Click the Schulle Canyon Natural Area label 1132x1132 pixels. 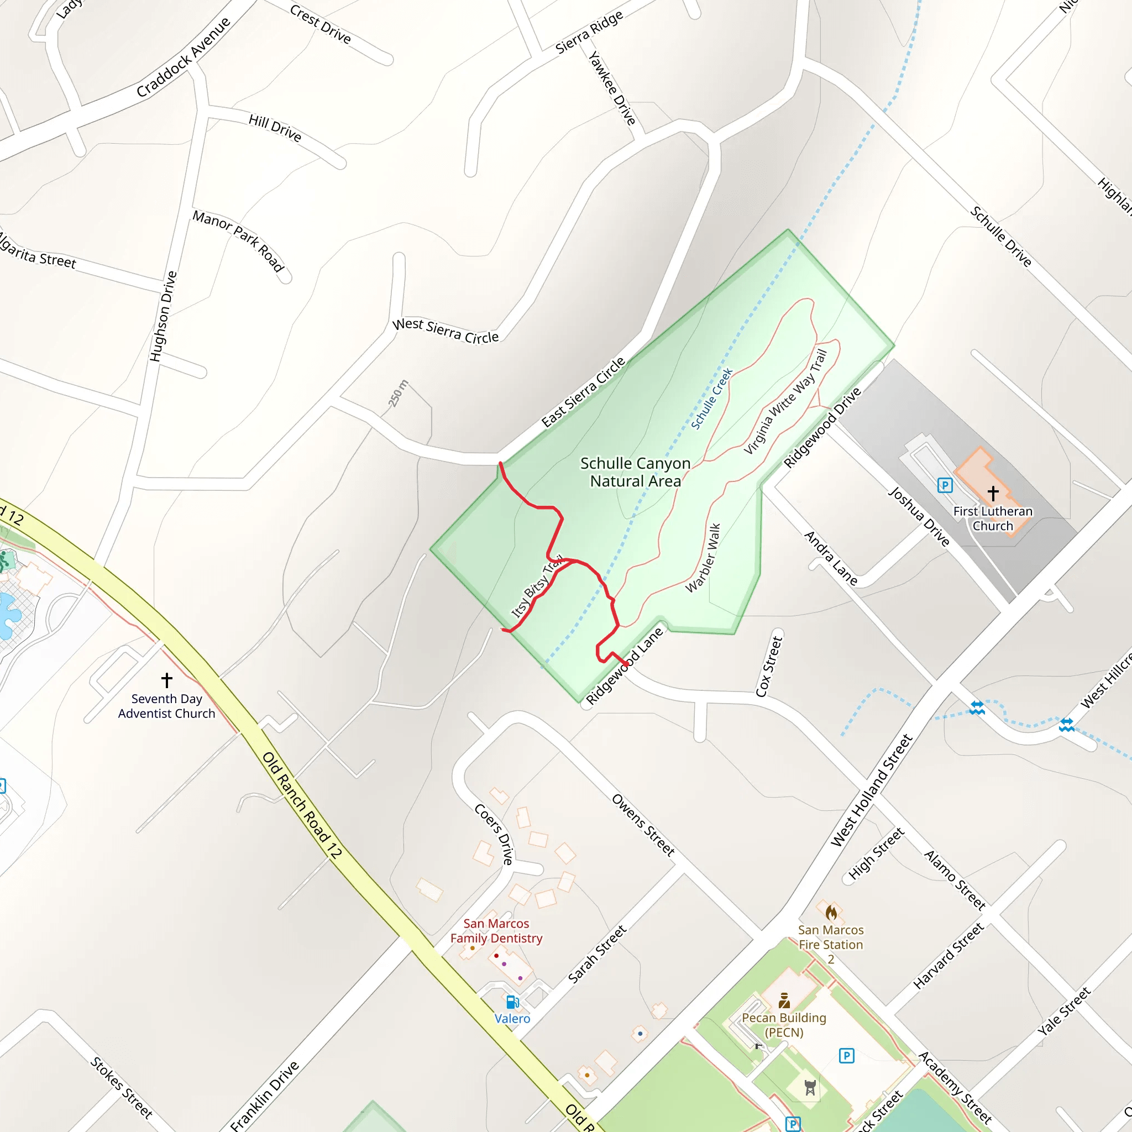pyautogui.click(x=635, y=472)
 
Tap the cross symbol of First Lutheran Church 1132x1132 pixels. pyautogui.click(x=993, y=494)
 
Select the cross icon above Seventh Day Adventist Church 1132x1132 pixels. pyautogui.click(x=167, y=680)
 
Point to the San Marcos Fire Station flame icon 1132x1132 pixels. pyautogui.click(x=831, y=912)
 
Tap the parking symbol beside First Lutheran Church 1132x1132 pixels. pyautogui.click(x=945, y=485)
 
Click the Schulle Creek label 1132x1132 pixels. pyautogui.click(x=711, y=399)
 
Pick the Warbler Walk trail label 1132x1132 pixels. pyautogui.click(x=703, y=558)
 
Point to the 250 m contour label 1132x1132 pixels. pyautogui.click(x=399, y=394)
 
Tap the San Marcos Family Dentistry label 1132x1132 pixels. pyautogui.click(x=496, y=930)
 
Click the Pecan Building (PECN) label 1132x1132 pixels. pyautogui.click(x=784, y=1025)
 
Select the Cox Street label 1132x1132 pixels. pyautogui.click(x=769, y=666)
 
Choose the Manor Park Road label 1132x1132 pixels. pyautogui.click(x=238, y=241)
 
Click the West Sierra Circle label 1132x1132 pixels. pyautogui.click(x=446, y=331)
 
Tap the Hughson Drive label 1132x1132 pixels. pyautogui.click(x=164, y=316)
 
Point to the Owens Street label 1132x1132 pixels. pyautogui.click(x=643, y=825)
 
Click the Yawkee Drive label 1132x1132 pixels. pyautogui.click(x=612, y=88)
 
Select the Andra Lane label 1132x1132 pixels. pyautogui.click(x=830, y=558)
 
